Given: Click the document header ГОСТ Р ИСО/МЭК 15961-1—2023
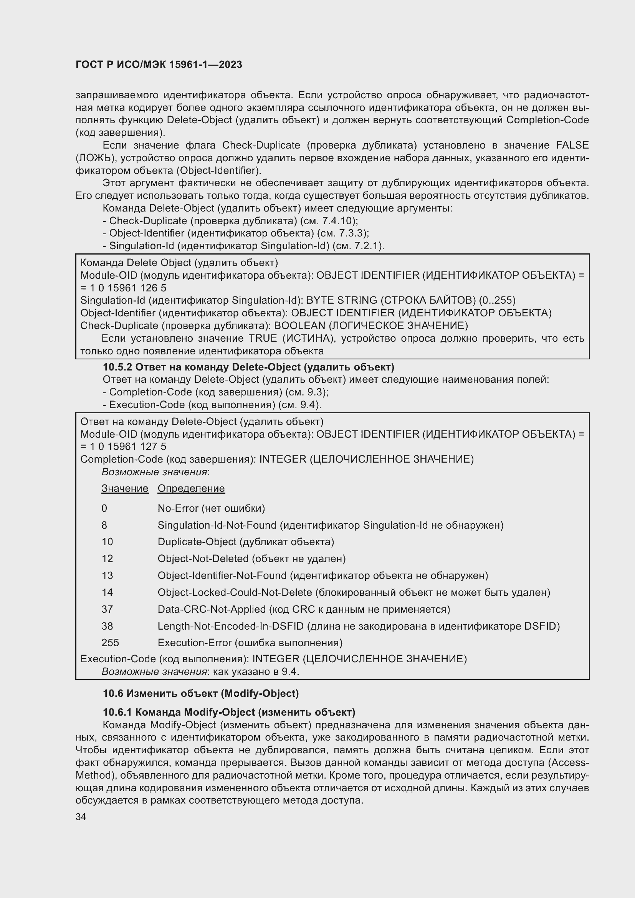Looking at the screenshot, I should coord(159,64).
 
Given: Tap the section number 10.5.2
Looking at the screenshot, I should coord(117,367).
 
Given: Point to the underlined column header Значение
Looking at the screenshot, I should coord(125,488).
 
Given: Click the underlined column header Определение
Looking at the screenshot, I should coord(191,488).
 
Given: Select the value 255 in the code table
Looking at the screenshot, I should coord(110,643).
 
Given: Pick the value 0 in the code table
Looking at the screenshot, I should coord(104,508).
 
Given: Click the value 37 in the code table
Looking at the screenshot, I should coord(107,609).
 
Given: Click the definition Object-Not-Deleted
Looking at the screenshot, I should coord(203,559).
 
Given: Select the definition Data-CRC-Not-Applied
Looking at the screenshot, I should coord(212,609).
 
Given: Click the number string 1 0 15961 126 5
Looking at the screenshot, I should coord(128,288).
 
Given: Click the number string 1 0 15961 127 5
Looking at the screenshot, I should coord(128,446).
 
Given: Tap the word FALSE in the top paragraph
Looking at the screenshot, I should coord(572,145).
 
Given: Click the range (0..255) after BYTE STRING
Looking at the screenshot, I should coord(497,300).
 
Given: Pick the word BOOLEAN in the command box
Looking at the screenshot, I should coord(299,326).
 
